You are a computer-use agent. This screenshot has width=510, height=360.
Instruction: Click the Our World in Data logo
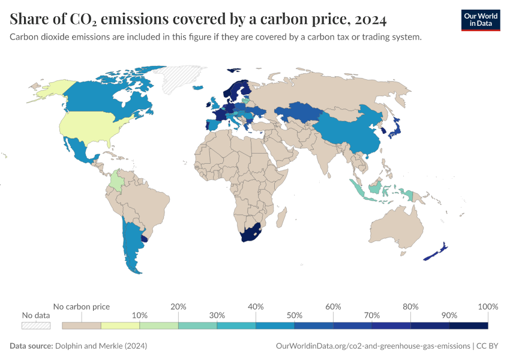pos(480,20)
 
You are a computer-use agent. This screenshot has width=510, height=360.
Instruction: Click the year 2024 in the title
pos(370,20)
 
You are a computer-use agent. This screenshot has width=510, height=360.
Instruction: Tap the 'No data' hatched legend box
pos(36,325)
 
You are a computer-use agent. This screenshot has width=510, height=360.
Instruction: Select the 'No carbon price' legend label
pos(82,307)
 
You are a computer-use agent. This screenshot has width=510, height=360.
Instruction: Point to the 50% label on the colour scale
pos(294,315)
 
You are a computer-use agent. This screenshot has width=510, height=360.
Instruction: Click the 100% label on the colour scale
pos(488,307)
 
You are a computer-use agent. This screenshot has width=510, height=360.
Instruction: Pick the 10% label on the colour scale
pos(140,315)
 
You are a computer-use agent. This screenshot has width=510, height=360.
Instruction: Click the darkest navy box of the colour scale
pos(468,325)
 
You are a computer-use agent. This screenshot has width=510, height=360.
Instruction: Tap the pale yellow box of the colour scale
pos(120,325)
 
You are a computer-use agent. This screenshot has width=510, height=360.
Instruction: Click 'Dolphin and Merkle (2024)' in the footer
pos(101,346)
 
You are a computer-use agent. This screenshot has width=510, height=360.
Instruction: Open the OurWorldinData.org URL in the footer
pos(372,346)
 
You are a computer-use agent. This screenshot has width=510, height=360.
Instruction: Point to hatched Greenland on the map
pos(180,78)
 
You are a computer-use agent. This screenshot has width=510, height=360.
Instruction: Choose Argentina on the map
pos(132,246)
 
